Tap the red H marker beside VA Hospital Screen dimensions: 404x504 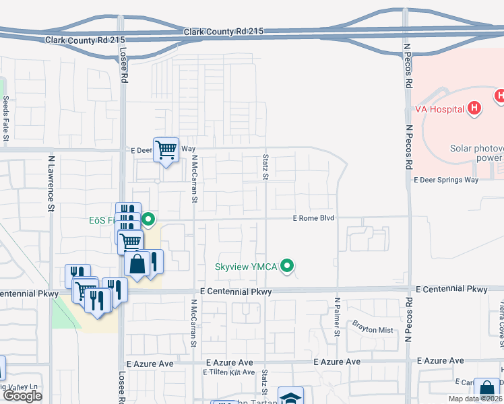pyautogui.click(x=475, y=108)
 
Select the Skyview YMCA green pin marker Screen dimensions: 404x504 pyautogui.click(x=288, y=267)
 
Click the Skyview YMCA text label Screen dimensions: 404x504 pyautogui.click(x=246, y=267)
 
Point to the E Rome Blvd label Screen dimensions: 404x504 pyautogui.click(x=313, y=218)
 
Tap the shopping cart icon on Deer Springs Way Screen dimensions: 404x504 pyautogui.click(x=166, y=149)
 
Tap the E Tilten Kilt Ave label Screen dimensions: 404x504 pyautogui.click(x=226, y=372)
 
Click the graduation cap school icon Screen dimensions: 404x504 pyautogui.click(x=290, y=397)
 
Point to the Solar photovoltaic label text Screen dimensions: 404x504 pyautogui.click(x=476, y=148)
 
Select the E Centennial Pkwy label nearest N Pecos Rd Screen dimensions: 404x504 pyautogui.click(x=451, y=290)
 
